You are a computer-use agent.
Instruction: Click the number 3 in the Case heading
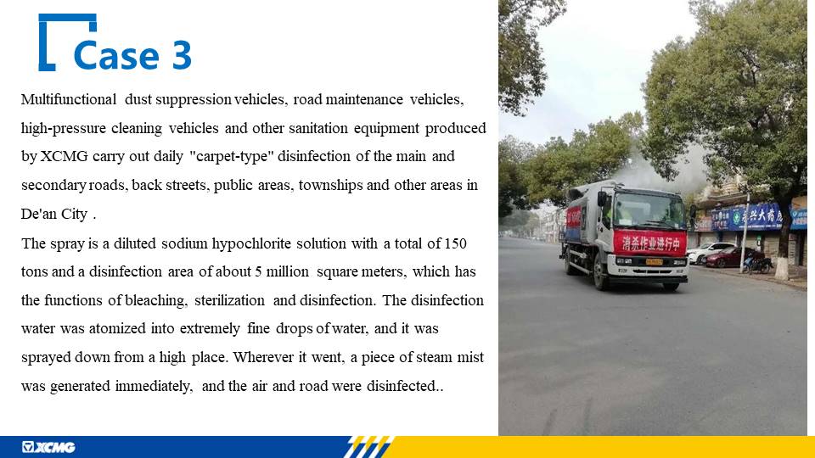[x=182, y=55]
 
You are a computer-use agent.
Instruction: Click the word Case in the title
[x=116, y=55]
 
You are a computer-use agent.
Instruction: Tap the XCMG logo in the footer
[x=48, y=447]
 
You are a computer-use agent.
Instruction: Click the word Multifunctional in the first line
[x=69, y=99]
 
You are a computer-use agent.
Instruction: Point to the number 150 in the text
[x=455, y=243]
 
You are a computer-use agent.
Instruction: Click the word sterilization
[x=229, y=300]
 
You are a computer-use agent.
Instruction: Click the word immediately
[x=154, y=387]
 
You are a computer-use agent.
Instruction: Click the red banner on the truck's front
[x=649, y=243]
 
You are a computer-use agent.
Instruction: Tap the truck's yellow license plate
[x=654, y=262]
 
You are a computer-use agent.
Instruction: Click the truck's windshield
[x=648, y=210]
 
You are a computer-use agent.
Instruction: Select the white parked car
[x=710, y=252]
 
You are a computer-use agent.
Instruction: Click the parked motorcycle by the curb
[x=756, y=265]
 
